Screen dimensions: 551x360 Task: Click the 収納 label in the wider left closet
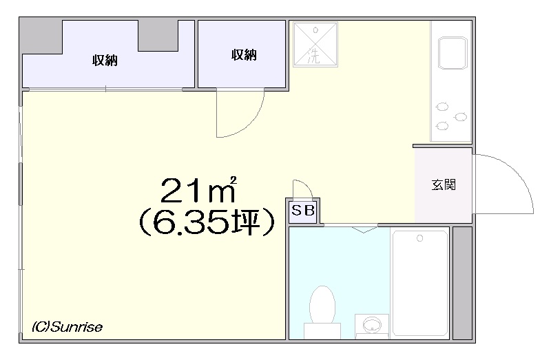coord(105,61)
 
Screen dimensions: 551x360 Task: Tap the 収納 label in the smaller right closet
coord(244,55)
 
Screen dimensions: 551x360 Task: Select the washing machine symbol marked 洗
coord(315,44)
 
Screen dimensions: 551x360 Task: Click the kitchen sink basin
coord(453,53)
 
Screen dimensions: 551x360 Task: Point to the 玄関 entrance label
coord(444,184)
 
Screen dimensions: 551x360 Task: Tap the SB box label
coord(303,211)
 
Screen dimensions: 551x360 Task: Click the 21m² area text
coord(198,190)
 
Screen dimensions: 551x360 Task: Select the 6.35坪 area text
coord(206,223)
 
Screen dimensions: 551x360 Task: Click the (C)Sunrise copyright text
coord(67,327)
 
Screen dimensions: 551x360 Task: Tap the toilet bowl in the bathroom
coord(322,305)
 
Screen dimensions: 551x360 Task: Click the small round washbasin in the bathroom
coord(372,324)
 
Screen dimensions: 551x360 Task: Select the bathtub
coord(420,283)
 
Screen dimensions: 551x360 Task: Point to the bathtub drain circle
coord(419,238)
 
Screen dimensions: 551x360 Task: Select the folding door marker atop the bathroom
coord(364,229)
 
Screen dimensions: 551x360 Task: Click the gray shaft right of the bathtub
coord(462,283)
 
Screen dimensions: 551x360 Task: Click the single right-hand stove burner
coord(461,117)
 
